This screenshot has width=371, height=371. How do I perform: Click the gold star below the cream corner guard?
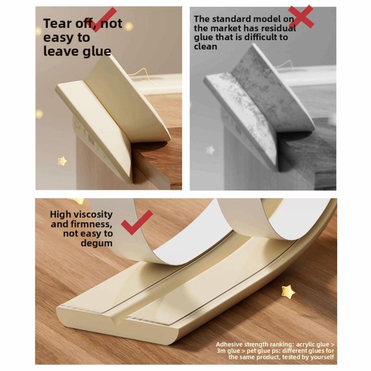click(62, 161)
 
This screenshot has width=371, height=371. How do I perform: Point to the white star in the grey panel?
click(210, 150)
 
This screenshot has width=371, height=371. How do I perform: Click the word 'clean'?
click(205, 47)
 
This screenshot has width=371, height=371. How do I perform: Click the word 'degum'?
click(96, 243)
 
